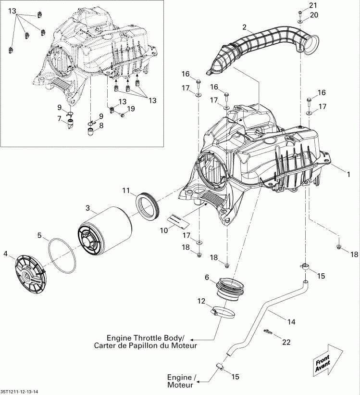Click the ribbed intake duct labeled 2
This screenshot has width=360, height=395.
point(260,49)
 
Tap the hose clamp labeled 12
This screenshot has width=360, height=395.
point(219,313)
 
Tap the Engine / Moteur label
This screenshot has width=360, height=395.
point(180,381)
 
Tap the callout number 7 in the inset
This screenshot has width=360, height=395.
point(60,118)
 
